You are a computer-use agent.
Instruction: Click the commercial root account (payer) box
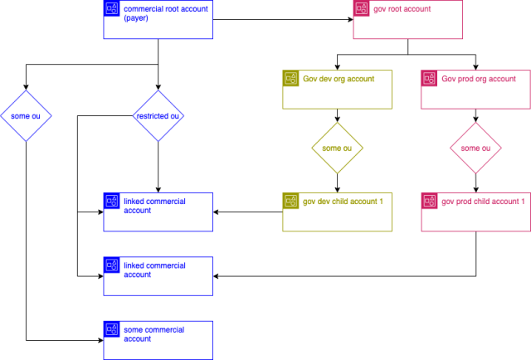click(158, 20)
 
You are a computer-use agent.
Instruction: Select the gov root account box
click(407, 20)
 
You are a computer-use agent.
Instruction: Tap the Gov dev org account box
click(338, 90)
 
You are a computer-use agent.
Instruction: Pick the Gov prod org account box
click(475, 90)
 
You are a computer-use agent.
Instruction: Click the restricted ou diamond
click(158, 116)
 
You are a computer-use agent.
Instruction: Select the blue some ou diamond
click(26, 116)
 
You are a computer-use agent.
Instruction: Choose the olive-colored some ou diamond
click(338, 148)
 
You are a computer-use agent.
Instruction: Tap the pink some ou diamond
click(475, 148)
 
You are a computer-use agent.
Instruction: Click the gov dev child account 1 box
click(338, 212)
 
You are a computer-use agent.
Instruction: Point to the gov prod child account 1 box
click(475, 212)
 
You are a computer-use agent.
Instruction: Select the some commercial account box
click(158, 340)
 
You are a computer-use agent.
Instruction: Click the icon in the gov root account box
click(362, 8)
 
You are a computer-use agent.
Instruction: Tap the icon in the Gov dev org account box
click(290, 78)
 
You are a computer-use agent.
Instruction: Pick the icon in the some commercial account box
click(111, 329)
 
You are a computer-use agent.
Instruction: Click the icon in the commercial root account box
click(111, 8)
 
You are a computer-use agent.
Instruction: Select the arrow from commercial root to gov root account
click(283, 20)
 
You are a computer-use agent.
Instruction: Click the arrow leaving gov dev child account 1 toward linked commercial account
click(248, 212)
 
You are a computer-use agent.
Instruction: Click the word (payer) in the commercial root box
click(136, 18)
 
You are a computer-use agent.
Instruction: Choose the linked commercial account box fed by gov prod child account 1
click(158, 276)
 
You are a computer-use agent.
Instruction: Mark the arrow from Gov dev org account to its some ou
click(338, 115)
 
